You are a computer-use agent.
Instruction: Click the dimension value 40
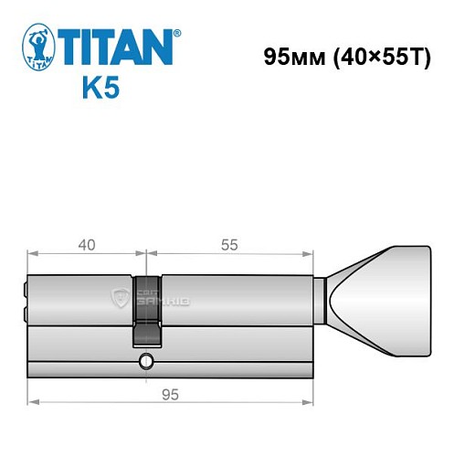coord(87,245)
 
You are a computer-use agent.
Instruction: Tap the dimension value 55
coord(230,245)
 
